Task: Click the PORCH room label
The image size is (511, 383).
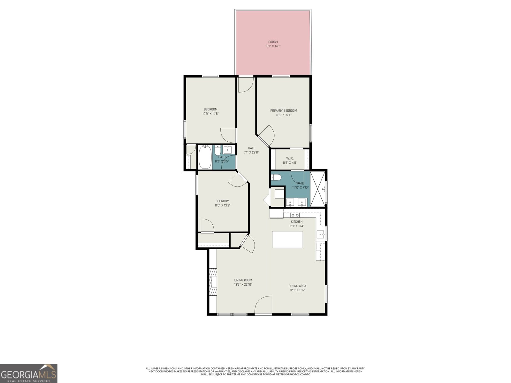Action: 273,42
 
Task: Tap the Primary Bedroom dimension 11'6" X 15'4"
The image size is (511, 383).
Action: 284,115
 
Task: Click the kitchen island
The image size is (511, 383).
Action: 287,239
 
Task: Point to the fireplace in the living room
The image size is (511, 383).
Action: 213,283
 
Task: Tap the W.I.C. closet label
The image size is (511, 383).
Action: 290,158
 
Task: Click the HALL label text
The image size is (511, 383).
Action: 251,148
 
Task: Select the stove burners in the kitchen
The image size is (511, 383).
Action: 295,215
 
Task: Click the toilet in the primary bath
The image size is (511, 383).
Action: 276,177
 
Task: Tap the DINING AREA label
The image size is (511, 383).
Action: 298,286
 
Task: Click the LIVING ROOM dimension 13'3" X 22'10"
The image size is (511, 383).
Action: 243,284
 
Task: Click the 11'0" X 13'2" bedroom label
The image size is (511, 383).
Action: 222,205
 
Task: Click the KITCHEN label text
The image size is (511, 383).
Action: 296,222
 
